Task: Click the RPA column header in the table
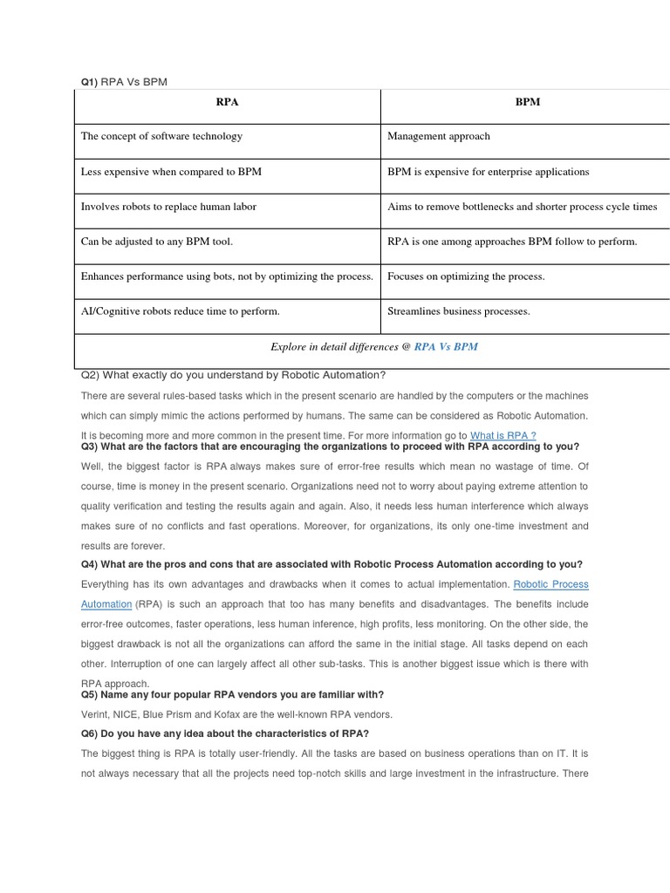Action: (x=227, y=102)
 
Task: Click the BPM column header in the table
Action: (x=527, y=102)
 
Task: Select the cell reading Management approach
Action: (x=439, y=136)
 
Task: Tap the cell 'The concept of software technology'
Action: (x=161, y=136)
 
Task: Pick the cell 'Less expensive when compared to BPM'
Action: (x=171, y=172)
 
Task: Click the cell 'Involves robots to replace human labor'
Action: (x=168, y=207)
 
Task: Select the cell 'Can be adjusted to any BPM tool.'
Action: (x=157, y=242)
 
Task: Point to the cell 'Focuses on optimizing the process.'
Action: (x=466, y=276)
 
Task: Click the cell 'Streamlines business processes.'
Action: (x=459, y=311)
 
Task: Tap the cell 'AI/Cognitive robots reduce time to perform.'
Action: (x=181, y=311)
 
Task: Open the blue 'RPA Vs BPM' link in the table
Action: (x=446, y=346)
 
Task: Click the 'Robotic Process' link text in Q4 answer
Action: (x=550, y=584)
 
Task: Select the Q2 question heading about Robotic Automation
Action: (x=233, y=375)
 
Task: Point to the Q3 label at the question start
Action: (x=90, y=446)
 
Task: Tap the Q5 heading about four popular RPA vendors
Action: (x=232, y=694)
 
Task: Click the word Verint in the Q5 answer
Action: (x=95, y=714)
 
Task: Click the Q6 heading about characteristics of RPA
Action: (x=225, y=733)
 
